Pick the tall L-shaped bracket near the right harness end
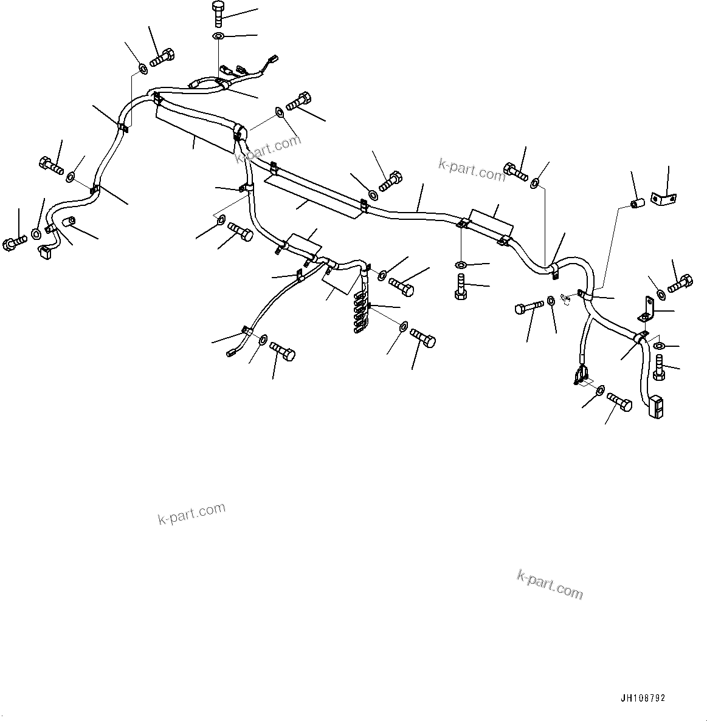[647, 309]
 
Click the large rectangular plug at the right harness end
[656, 407]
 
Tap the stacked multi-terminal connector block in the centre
[360, 311]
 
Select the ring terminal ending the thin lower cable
[232, 351]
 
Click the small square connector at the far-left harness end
[43, 251]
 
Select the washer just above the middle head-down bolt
[461, 265]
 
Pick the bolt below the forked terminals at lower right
[619, 403]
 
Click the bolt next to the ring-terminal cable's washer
[281, 350]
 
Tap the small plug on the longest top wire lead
[274, 60]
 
